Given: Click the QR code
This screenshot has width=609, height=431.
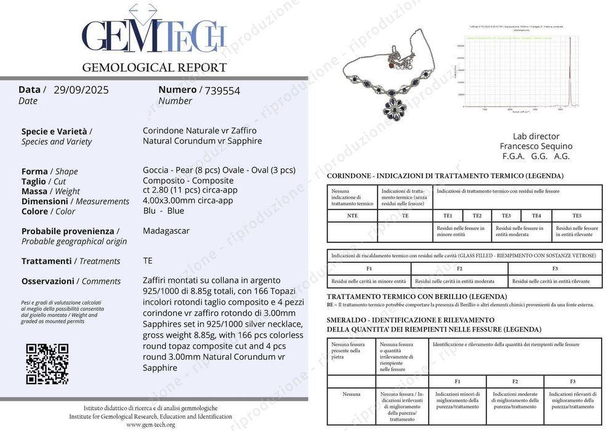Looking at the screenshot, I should pyautogui.click(x=47, y=364).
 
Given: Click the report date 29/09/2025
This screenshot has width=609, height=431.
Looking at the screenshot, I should pyautogui.click(x=81, y=90).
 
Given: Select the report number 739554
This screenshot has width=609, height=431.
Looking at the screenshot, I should pyautogui.click(x=222, y=91).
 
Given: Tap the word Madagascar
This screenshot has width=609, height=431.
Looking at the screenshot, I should pyautogui.click(x=166, y=231).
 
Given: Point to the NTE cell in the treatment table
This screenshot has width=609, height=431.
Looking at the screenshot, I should pyautogui.click(x=352, y=216).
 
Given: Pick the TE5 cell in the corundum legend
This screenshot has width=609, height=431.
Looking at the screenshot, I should pyautogui.click(x=576, y=216).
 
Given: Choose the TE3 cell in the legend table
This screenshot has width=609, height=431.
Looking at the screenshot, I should pyautogui.click(x=506, y=216).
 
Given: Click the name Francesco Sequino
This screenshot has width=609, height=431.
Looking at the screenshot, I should pyautogui.click(x=536, y=146).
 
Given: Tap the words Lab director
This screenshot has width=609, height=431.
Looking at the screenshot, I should pyautogui.click(x=536, y=136).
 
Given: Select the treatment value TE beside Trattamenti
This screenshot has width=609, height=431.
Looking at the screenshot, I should pyautogui.click(x=148, y=261).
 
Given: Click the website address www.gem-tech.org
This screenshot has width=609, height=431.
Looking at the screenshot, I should pyautogui.click(x=150, y=425).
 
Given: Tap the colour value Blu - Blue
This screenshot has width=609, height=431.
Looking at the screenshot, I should pyautogui.click(x=163, y=210).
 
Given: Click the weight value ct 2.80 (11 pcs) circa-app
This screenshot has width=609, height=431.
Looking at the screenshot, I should pyautogui.click(x=190, y=190).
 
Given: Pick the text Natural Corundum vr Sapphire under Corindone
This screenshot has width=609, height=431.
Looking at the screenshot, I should pyautogui.click(x=202, y=141).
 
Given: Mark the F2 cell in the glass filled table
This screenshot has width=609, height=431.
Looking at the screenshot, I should pyautogui.click(x=459, y=269).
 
